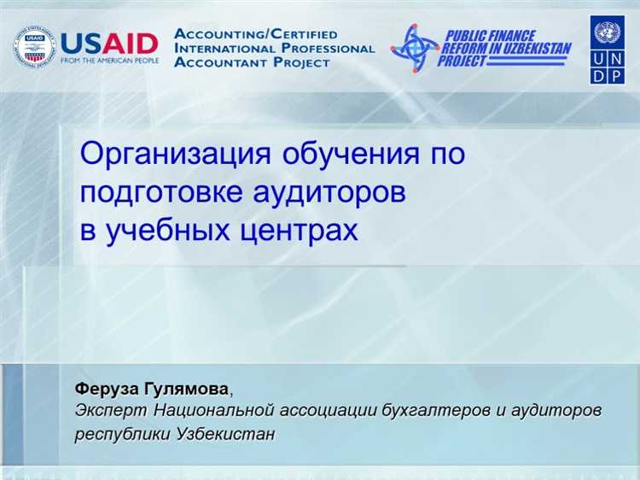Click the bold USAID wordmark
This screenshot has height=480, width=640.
[109, 42]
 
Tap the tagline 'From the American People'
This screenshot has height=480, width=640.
[109, 61]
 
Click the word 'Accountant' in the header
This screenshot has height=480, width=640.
[217, 62]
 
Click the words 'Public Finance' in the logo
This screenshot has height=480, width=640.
[489, 36]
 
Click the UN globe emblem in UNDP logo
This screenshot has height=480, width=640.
[608, 34]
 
